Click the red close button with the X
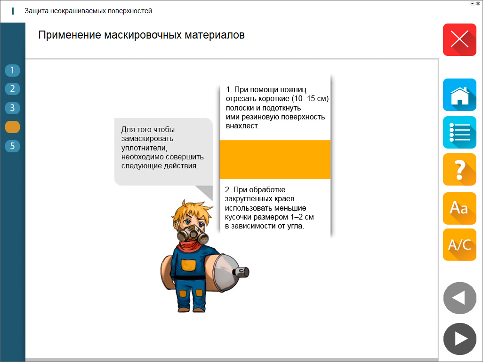(459, 39)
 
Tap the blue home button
(459, 94)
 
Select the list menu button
(459, 132)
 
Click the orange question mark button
(459, 169)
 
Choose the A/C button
(459, 245)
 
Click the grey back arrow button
(459, 298)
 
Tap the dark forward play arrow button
(459, 339)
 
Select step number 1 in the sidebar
(12, 71)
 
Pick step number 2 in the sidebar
(12, 89)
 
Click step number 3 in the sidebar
(12, 108)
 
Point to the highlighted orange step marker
(12, 127)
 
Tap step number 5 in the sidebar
(12, 146)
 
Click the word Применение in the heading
(70, 35)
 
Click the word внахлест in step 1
(242, 126)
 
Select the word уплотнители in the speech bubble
(144, 148)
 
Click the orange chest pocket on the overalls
(188, 265)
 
